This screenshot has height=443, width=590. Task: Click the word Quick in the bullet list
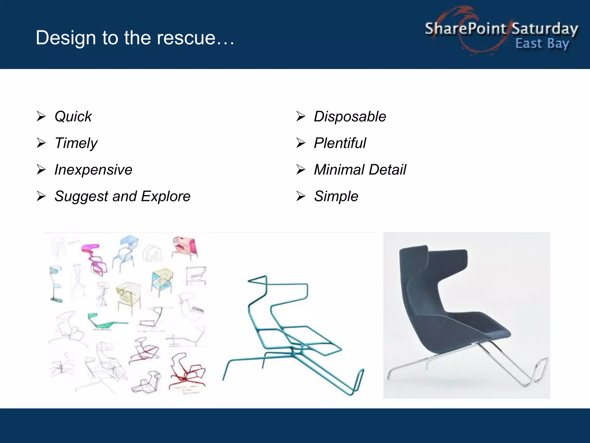coord(73,117)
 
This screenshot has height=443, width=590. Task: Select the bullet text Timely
coord(76,143)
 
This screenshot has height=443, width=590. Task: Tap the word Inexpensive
coord(93,170)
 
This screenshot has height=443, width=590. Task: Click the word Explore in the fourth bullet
coord(166,196)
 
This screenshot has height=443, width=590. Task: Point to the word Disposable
coord(350,117)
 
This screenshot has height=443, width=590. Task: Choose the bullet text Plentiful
coord(340,143)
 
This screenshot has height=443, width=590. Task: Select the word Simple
coord(336,196)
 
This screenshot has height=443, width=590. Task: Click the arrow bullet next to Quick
coord(41,117)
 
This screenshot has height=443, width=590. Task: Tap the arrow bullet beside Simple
coord(301,196)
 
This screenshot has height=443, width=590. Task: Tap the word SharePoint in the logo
coord(465,29)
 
